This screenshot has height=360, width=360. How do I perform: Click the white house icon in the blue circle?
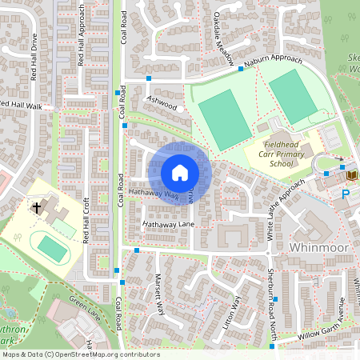coord(180,173)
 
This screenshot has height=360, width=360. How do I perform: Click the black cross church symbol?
coord(37,207)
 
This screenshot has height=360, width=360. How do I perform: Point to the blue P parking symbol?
coord(346,194)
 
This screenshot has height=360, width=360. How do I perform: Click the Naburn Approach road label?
coord(274,64)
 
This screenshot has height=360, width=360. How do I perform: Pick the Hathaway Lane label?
coord(169,226)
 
